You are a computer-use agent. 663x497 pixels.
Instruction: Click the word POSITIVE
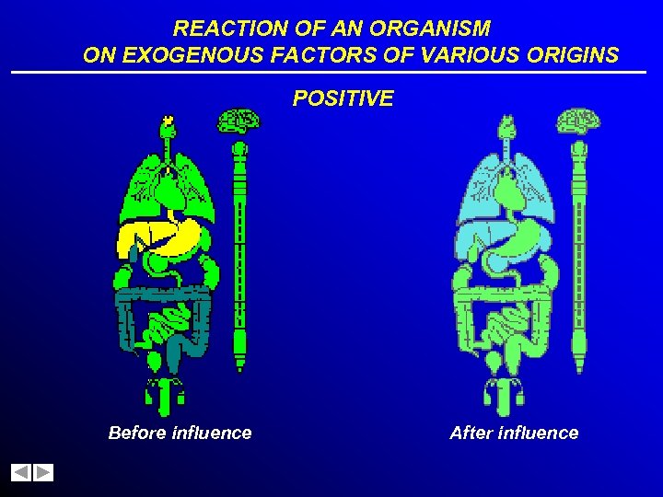click(x=343, y=98)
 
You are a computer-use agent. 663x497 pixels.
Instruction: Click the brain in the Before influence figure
click(x=239, y=121)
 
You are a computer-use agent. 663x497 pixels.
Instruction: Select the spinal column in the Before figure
click(x=239, y=248)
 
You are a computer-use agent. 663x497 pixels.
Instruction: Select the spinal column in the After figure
click(x=579, y=248)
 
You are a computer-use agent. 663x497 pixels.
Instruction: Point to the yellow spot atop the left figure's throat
click(x=167, y=120)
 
